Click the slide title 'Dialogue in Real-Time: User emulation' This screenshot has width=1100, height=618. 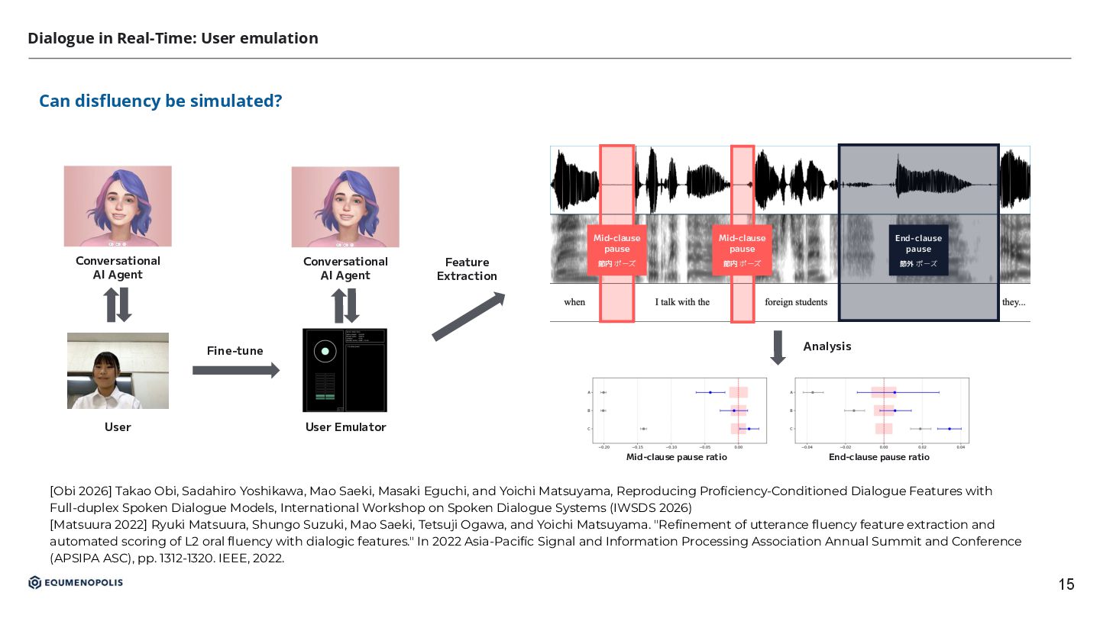click(x=173, y=38)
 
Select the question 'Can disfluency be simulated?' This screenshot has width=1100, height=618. click(x=160, y=101)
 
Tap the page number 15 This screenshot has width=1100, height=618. click(x=1066, y=584)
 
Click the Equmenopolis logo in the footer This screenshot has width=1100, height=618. click(x=76, y=583)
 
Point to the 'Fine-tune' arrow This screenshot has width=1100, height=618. click(x=235, y=371)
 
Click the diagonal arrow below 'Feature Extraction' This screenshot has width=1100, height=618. click(x=468, y=316)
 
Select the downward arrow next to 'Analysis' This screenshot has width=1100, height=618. click(x=778, y=348)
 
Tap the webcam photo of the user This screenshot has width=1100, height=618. click(x=118, y=371)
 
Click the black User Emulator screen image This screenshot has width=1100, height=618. click(x=345, y=370)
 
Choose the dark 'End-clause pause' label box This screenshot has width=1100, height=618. click(x=918, y=250)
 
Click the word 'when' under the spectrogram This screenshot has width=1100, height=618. click(x=574, y=302)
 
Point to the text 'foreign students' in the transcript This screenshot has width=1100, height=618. click(x=796, y=302)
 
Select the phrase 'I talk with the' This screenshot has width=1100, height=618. click(x=682, y=302)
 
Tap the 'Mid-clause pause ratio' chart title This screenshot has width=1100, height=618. click(x=676, y=457)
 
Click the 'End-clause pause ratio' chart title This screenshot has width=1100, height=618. click(x=879, y=457)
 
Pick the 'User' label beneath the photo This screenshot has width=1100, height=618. click(x=118, y=427)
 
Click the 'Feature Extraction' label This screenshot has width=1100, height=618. click(x=467, y=269)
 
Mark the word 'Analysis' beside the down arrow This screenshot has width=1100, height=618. click(x=827, y=346)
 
